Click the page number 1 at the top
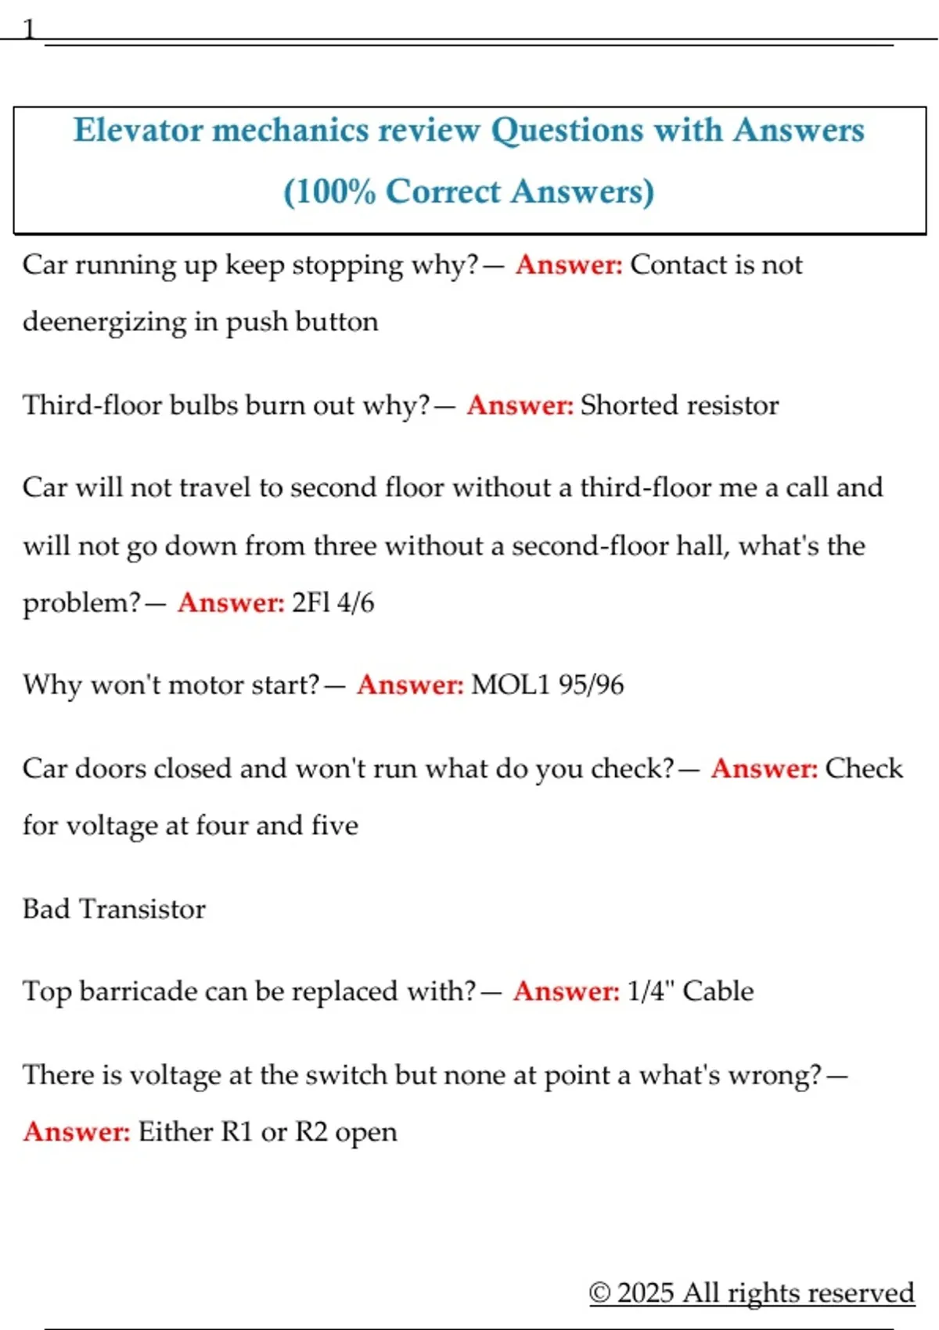tap(29, 30)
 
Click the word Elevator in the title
tap(138, 131)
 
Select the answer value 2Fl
tap(311, 603)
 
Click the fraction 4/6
tap(356, 603)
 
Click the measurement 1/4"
tap(650, 991)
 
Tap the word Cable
tap(718, 991)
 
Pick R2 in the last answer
tap(311, 1132)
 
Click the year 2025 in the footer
tap(645, 1292)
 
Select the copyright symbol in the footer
tap(599, 1292)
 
